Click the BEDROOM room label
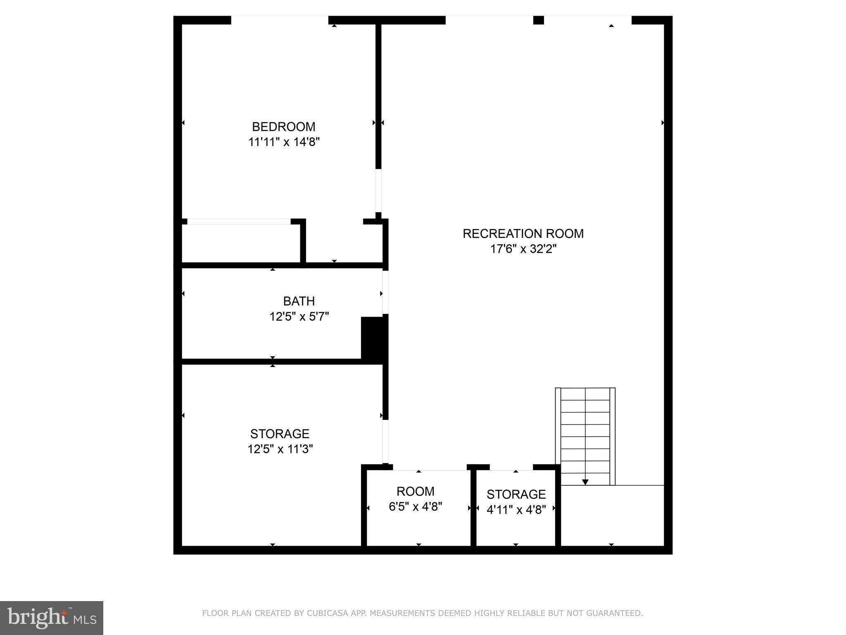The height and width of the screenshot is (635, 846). (x=283, y=127)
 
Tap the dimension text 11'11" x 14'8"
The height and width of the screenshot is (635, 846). (x=284, y=142)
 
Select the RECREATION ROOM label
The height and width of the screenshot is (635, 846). (x=523, y=234)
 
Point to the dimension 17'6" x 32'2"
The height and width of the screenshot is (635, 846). (x=523, y=249)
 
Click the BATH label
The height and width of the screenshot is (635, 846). (x=299, y=301)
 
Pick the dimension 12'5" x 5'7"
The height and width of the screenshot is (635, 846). (x=299, y=317)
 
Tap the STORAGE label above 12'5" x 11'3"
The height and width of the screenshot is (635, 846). (x=280, y=434)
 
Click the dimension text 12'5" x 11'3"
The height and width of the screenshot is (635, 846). (x=280, y=449)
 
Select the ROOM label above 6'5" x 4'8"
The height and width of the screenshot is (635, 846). (x=415, y=491)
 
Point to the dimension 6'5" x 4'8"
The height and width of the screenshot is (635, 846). (x=415, y=506)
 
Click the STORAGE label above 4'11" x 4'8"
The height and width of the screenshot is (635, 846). (x=516, y=494)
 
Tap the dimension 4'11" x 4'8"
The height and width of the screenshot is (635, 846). (x=516, y=510)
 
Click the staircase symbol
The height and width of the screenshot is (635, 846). (x=585, y=434)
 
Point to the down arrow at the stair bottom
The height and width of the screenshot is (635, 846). (x=585, y=482)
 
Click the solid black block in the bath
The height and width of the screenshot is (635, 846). (x=373, y=339)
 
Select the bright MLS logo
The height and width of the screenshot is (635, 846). (x=51, y=618)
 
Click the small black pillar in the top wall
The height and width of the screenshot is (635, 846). (x=538, y=20)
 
